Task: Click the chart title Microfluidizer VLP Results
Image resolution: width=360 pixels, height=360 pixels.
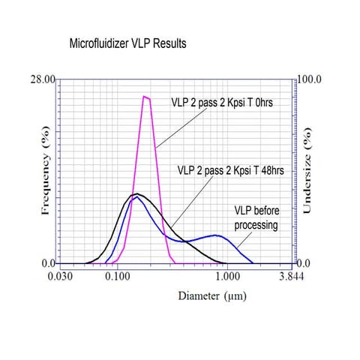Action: click(x=127, y=44)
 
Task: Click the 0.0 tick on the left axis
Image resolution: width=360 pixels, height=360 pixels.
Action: click(x=48, y=263)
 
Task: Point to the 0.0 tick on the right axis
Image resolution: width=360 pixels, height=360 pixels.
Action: click(x=304, y=263)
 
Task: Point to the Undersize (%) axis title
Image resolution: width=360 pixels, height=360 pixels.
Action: click(x=307, y=171)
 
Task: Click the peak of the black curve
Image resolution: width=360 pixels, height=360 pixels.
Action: click(x=135, y=194)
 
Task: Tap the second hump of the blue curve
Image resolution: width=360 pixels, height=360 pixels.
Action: click(x=216, y=235)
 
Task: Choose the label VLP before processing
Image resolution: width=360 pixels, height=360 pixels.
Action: click(x=253, y=218)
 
